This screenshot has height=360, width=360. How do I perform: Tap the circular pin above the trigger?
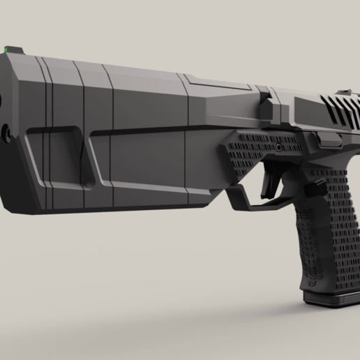278,149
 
